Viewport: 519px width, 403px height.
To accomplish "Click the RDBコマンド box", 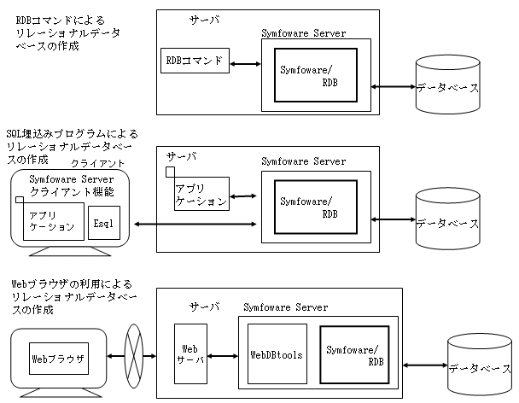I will [195, 61].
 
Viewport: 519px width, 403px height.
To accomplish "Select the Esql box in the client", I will [102, 222].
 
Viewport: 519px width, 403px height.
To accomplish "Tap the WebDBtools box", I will [277, 354].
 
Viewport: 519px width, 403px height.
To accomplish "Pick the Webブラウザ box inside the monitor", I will [59, 358].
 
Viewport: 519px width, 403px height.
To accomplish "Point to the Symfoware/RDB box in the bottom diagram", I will [353, 354].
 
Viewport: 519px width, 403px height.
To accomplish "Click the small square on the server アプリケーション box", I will [171, 172].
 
